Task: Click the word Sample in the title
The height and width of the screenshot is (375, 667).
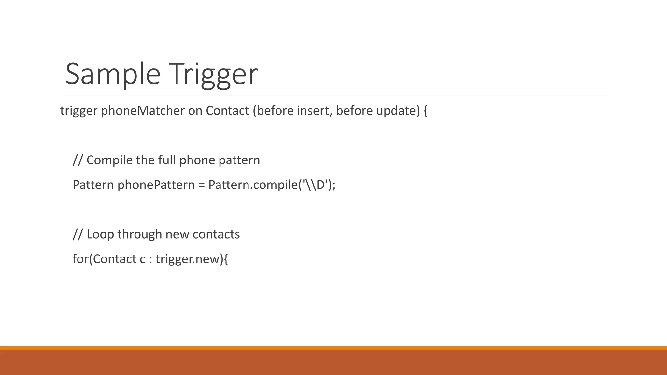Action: [x=113, y=74]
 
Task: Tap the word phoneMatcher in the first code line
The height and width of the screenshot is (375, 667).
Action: [x=143, y=111]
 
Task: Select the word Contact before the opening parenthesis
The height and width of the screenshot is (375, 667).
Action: [x=227, y=111]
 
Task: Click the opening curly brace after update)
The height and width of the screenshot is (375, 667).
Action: [x=425, y=111]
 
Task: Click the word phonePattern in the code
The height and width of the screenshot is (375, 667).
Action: [x=156, y=185]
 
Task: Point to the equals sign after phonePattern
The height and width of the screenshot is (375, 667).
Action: [x=202, y=186]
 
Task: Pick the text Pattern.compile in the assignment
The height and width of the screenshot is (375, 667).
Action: [x=253, y=185]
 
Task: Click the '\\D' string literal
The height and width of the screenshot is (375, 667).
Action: [x=315, y=185]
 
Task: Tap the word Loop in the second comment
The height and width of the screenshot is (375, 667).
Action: [x=100, y=234]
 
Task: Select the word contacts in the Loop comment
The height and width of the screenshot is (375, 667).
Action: [x=216, y=234]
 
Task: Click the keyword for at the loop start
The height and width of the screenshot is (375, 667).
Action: [x=80, y=259]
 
